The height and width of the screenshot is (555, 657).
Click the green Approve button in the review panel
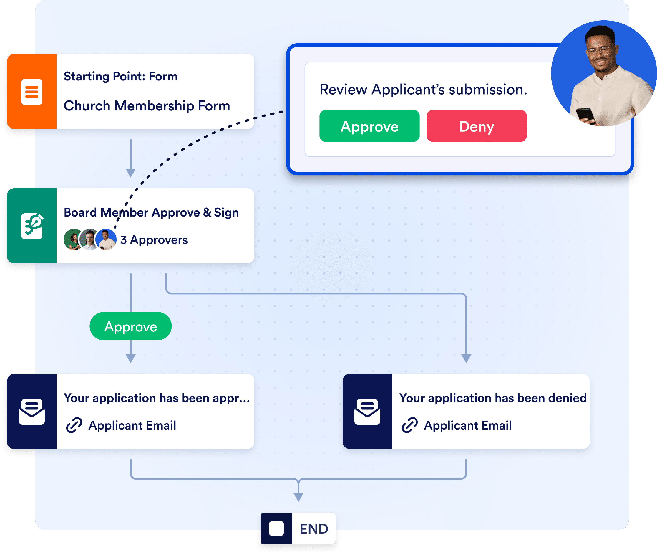pos(369,126)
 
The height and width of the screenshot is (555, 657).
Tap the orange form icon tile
pos(32,92)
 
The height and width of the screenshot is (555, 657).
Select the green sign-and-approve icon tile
pos(32,226)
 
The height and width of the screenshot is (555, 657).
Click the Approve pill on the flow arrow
pos(130,326)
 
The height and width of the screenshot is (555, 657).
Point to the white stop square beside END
pos(276,528)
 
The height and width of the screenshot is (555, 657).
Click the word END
pos(314,529)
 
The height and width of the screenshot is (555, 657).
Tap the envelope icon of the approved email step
pos(32,412)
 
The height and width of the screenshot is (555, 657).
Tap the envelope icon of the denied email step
pos(367,412)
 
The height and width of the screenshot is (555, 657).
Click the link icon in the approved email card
pos(74,425)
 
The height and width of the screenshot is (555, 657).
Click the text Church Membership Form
pos(147,106)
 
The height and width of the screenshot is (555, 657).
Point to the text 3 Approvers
pos(154,240)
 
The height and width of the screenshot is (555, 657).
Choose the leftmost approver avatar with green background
pos(73,240)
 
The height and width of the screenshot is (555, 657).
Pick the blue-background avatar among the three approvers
pos(106,240)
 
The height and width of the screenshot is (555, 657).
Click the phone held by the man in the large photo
pos(585,115)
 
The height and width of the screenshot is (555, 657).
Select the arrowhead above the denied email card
pos(466,358)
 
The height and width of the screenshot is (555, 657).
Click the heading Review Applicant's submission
pos(423,90)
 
